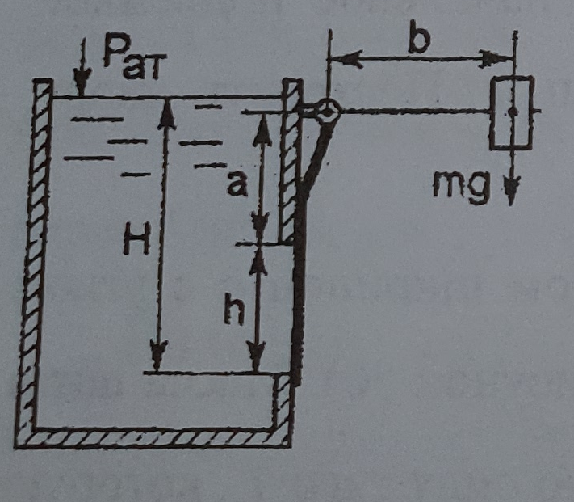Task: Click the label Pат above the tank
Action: (132, 57)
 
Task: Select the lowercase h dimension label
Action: (233, 312)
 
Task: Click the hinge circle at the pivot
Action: (327, 112)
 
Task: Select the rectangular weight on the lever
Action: (512, 112)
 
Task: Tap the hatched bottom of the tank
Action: (153, 437)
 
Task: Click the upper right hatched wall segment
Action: (291, 162)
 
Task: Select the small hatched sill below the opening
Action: (283, 400)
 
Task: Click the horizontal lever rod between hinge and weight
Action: (412, 112)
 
